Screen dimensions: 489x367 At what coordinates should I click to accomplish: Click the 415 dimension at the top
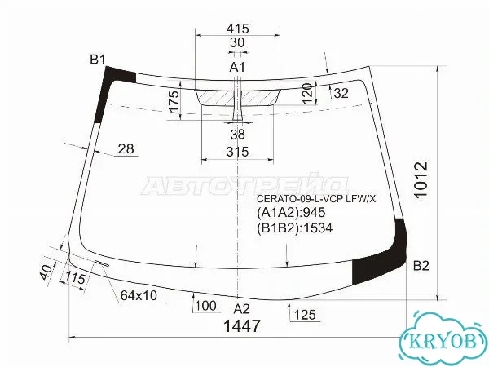click(238, 29)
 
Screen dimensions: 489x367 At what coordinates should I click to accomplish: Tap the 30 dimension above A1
click(237, 42)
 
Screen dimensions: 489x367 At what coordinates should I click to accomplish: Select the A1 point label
click(238, 67)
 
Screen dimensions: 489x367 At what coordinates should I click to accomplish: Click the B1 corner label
click(98, 60)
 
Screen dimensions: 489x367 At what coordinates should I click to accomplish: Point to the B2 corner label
click(421, 266)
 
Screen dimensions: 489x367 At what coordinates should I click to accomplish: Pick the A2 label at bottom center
click(242, 308)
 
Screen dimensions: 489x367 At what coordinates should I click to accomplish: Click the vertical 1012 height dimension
click(421, 179)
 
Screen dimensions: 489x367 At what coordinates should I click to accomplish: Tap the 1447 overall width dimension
click(242, 326)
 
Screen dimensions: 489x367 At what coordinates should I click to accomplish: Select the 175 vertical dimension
click(174, 101)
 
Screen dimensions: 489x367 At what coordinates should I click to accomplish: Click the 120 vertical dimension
click(307, 93)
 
